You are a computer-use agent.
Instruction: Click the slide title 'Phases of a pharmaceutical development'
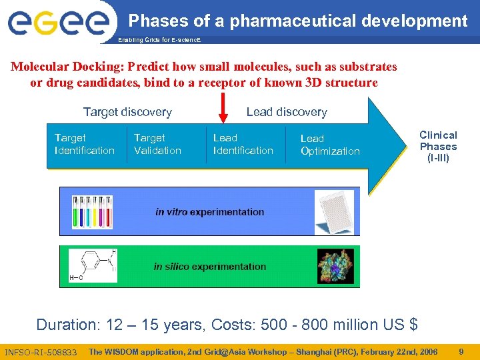298,21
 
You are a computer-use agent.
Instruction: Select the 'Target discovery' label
127,112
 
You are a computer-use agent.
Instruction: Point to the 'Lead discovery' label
287,112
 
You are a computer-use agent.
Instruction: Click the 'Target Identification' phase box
85,144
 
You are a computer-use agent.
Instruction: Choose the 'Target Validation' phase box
157,144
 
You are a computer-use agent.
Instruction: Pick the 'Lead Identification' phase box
243,144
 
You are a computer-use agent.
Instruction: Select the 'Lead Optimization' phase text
330,145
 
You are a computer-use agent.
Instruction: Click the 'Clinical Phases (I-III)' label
438,147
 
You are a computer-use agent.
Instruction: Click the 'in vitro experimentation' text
209,212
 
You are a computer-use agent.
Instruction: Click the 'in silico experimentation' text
209,267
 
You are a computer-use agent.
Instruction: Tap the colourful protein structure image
335,267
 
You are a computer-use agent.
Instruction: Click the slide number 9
461,351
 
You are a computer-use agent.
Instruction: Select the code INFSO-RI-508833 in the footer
41,352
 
